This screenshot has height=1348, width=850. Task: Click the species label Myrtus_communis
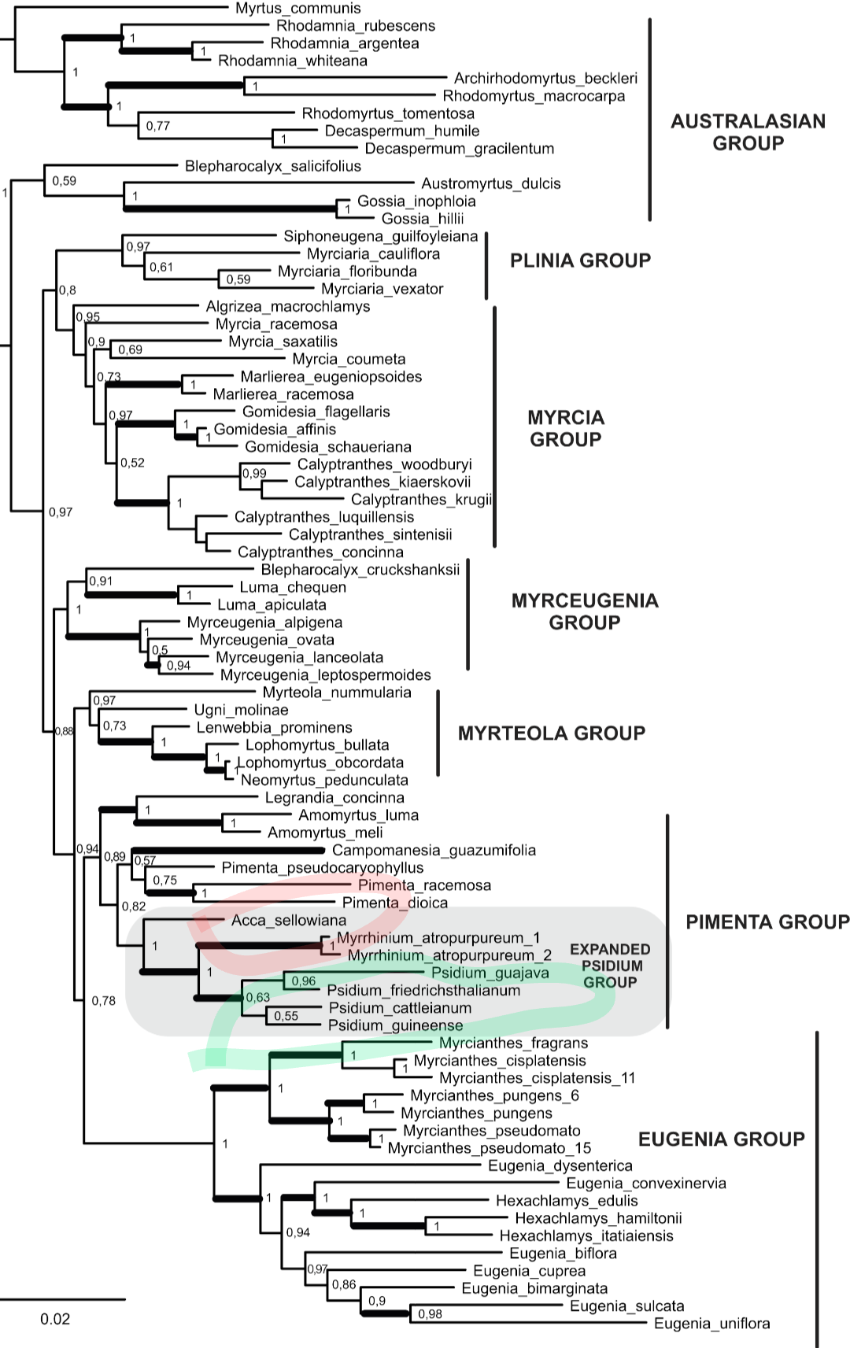[x=298, y=9]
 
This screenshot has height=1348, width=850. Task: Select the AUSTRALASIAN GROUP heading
[x=748, y=131]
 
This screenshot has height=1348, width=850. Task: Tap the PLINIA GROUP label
[x=580, y=260]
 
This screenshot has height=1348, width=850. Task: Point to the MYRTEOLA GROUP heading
[x=552, y=733]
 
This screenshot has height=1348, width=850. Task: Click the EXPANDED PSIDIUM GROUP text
[x=610, y=966]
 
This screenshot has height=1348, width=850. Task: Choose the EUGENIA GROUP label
[x=721, y=1139]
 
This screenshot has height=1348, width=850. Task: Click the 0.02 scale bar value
[x=55, y=1319]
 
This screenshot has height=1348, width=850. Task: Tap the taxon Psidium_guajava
[x=490, y=973]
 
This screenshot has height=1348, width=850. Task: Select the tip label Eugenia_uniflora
[x=711, y=1324]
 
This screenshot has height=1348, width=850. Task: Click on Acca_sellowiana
[x=289, y=921]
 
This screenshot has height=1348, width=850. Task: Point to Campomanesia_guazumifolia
[x=434, y=851]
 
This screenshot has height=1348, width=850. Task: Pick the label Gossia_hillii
[x=423, y=219]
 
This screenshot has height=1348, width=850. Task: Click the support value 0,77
[x=157, y=127]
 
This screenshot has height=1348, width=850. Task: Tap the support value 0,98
[x=430, y=1314]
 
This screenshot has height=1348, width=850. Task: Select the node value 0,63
[x=257, y=998]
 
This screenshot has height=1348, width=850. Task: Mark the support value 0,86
[x=344, y=1285]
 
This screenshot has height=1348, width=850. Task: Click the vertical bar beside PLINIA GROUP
[x=486, y=265]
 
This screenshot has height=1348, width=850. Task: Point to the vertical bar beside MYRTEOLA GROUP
[x=438, y=733]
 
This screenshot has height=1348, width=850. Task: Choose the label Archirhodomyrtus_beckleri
[x=545, y=78]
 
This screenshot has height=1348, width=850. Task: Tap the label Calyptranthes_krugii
[x=421, y=500]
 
